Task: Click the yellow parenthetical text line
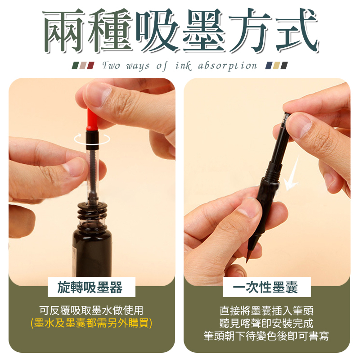[91, 323]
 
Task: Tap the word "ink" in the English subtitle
[183, 66]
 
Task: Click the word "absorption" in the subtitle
[227, 66]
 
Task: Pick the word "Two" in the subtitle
[111, 66]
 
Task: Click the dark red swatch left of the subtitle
[91, 65]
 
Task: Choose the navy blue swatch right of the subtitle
[269, 65]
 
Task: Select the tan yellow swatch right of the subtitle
[276, 65]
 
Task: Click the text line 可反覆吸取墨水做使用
[91, 310]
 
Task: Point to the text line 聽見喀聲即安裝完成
[266, 323]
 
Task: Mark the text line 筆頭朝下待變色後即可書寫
[266, 336]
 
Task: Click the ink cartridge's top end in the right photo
[287, 114]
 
